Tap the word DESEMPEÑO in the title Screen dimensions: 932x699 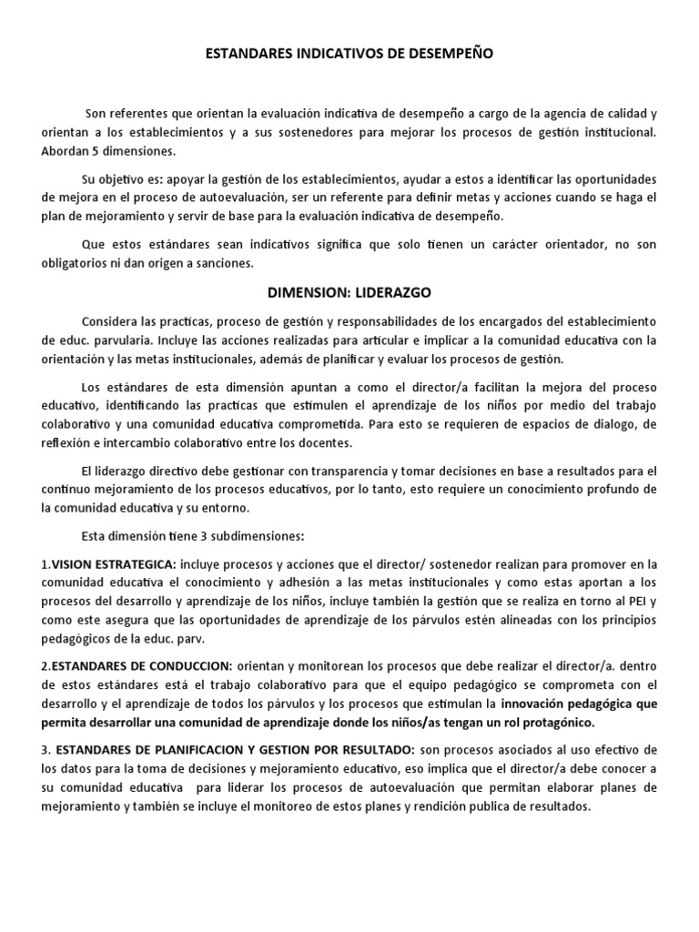[448, 55]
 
